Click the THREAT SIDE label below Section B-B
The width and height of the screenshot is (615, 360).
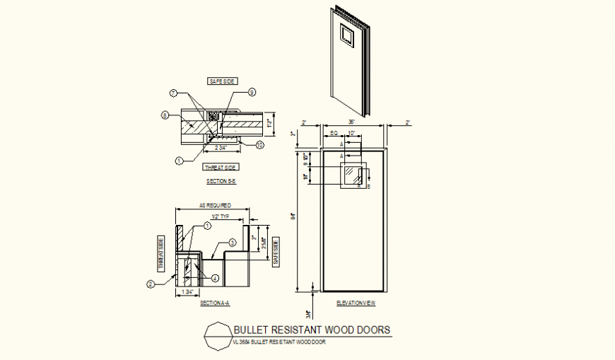[221, 168]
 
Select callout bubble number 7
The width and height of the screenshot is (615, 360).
[172, 93]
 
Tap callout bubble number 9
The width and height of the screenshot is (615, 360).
[252, 92]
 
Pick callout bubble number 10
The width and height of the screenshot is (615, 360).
[260, 145]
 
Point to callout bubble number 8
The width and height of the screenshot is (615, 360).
[164, 115]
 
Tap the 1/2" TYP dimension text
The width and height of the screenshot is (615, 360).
[221, 216]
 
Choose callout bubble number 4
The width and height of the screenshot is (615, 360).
[216, 278]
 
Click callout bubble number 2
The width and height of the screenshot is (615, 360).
[151, 284]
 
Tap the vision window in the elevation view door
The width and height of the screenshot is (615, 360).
[352, 175]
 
